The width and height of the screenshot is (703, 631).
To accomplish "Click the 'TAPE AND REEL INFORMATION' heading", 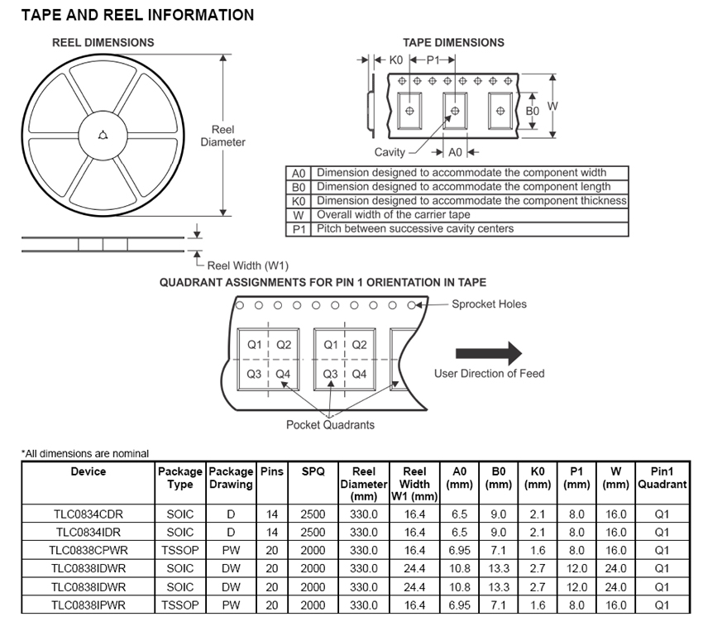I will tap(137, 16).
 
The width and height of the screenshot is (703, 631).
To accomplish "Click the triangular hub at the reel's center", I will tap(103, 135).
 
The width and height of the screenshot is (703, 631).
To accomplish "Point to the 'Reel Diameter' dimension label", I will tap(222, 136).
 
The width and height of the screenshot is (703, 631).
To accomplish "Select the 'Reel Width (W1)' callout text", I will tap(247, 265).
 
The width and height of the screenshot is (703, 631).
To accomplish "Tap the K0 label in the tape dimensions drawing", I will tap(395, 60).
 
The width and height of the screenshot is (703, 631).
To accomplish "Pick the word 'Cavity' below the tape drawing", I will tap(390, 151).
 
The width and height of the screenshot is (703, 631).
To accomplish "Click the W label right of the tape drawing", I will tap(553, 105).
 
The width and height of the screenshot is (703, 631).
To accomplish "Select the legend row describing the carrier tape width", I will tap(456, 215).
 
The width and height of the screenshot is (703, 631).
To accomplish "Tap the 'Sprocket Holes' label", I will tap(489, 304).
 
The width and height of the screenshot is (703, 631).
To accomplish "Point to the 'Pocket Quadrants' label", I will tap(330, 424).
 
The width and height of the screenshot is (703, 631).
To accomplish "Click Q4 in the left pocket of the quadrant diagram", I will tap(283, 374).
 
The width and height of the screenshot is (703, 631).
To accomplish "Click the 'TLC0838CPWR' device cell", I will tap(88, 550).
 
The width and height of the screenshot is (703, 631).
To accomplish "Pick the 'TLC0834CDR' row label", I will tap(88, 514).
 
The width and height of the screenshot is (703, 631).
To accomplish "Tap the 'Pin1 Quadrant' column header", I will tap(662, 478).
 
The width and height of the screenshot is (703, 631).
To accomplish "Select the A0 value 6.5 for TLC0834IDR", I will tap(459, 532).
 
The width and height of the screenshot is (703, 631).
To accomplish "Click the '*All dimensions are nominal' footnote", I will tap(85, 453).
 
